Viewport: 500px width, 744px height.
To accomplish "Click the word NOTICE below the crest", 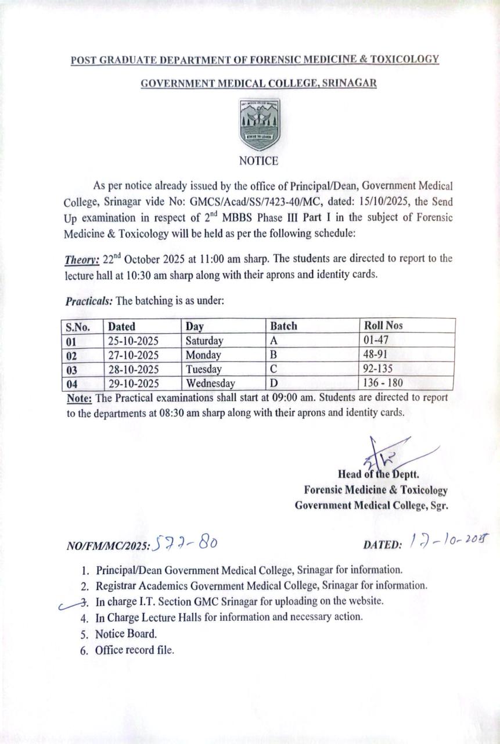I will (259, 161).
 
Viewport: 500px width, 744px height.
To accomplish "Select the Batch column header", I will (284, 326).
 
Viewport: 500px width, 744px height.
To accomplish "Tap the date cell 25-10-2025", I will (133, 341).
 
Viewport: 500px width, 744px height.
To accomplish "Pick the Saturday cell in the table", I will (204, 341).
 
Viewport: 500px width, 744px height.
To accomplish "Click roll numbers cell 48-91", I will (376, 355).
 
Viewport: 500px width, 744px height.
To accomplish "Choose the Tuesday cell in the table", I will (203, 369).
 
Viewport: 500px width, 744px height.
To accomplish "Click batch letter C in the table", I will (274, 369).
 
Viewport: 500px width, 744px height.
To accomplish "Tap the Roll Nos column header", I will (383, 326).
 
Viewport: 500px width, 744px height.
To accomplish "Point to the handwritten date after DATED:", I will (447, 542).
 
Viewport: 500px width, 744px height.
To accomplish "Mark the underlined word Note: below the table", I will (79, 398).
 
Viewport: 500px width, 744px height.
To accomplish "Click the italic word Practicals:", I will (89, 302).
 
